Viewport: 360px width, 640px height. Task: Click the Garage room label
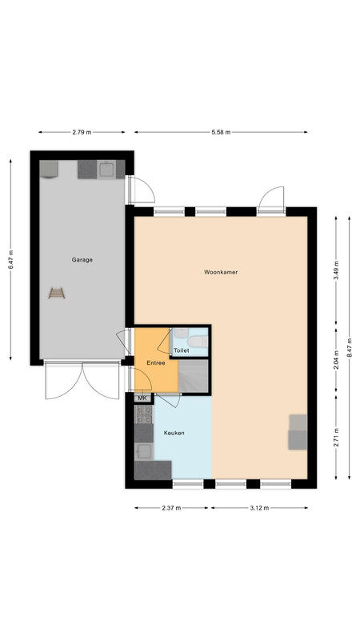(x=82, y=259)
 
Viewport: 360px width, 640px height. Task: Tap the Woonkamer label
(x=221, y=272)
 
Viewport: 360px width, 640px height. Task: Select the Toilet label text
(x=182, y=350)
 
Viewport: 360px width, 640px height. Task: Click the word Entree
(x=156, y=362)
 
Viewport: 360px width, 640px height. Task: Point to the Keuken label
(x=174, y=433)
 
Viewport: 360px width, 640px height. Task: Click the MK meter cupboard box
(x=142, y=398)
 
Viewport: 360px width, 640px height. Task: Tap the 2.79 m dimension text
(x=82, y=132)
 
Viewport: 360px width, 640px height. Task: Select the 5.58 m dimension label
(x=221, y=132)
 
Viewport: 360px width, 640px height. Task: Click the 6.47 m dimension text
(x=10, y=259)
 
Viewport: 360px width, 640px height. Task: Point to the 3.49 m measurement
(x=336, y=270)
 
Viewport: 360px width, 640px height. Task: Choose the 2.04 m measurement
(x=336, y=359)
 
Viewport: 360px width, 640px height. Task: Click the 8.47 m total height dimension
(x=350, y=347)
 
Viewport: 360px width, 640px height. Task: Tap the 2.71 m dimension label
(x=336, y=437)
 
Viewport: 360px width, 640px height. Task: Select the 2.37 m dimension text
(x=171, y=508)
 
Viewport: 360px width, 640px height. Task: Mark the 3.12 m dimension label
(x=259, y=508)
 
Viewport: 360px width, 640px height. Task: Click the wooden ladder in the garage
(x=57, y=293)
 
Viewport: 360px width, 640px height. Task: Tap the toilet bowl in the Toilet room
(x=198, y=342)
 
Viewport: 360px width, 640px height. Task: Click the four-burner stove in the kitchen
(x=144, y=414)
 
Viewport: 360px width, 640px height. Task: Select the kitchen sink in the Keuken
(x=144, y=451)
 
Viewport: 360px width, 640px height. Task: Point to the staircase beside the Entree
(x=194, y=376)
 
